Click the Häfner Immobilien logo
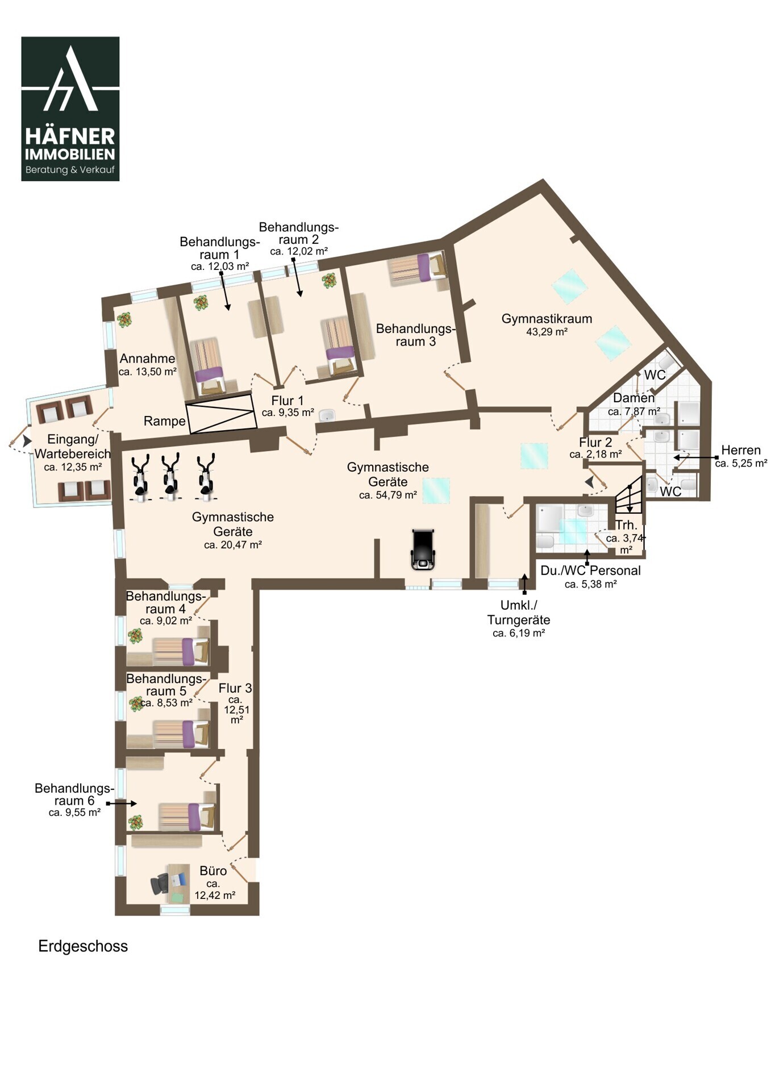pos(70,109)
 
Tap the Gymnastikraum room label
pos(547,319)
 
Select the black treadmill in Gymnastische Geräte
pos(423,549)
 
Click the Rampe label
pos(165,421)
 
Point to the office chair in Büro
pos(160,884)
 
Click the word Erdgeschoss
pos(83,946)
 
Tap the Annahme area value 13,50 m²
pos(148,372)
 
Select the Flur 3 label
pos(235,688)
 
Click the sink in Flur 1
pos(327,415)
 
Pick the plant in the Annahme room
pos(124,320)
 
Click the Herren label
pos(741,450)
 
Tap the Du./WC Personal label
pos(590,571)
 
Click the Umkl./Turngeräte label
pos(519,613)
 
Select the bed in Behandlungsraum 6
pos(187,816)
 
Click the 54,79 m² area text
pos(388,495)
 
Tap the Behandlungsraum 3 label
pos(415,335)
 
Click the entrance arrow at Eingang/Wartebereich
pos(27,440)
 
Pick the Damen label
pos(634,398)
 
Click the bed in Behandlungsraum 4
pos(181,651)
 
